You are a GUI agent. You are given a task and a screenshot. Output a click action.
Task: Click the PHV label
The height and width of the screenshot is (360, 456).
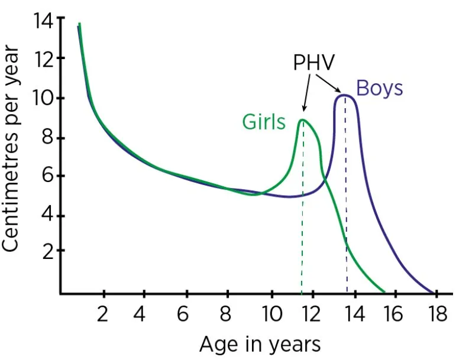tap(314, 63)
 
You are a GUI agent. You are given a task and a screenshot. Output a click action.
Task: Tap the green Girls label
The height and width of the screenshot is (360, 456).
tap(264, 122)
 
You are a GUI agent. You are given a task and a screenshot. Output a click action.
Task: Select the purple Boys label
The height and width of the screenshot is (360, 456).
tap(379, 89)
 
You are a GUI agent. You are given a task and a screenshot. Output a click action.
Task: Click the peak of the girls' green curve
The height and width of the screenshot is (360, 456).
tap(303, 120)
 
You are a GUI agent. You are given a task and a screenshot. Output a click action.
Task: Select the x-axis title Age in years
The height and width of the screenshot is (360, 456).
tap(260, 343)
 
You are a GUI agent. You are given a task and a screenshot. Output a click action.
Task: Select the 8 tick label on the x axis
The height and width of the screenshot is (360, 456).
tap(229, 313)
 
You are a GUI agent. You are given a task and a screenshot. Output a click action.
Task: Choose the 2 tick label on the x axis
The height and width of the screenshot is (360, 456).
tap(103, 313)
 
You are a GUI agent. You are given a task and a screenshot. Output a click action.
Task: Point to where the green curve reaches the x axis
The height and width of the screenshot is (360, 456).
tap(384, 292)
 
